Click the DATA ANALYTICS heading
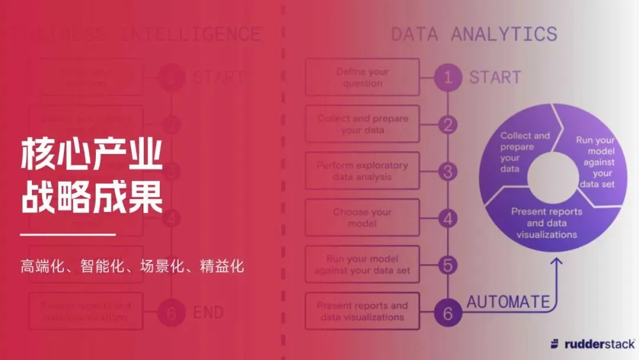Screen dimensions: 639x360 pyautogui.click(x=474, y=34)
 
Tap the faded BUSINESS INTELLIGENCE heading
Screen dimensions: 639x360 pyautogui.click(x=136, y=34)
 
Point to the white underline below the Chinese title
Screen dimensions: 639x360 pyautogui.click(x=67, y=234)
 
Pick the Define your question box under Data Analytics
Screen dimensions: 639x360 pyautogui.click(x=362, y=77)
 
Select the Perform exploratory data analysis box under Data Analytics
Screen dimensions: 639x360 pyautogui.click(x=362, y=171)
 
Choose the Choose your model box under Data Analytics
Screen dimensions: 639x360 pyautogui.click(x=362, y=218)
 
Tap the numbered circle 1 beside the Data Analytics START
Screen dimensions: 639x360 pyautogui.click(x=448, y=77)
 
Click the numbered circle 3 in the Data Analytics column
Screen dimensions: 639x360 pyautogui.click(x=448, y=172)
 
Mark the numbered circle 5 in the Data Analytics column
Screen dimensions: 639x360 pyautogui.click(x=448, y=265)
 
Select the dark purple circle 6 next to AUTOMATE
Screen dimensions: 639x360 pyautogui.click(x=448, y=313)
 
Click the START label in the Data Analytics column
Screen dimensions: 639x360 pyautogui.click(x=495, y=77)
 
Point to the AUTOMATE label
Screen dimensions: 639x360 pyautogui.click(x=508, y=302)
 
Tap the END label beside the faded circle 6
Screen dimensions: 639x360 pyautogui.click(x=208, y=313)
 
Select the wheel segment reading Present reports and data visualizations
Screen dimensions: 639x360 pyautogui.click(x=546, y=223)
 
